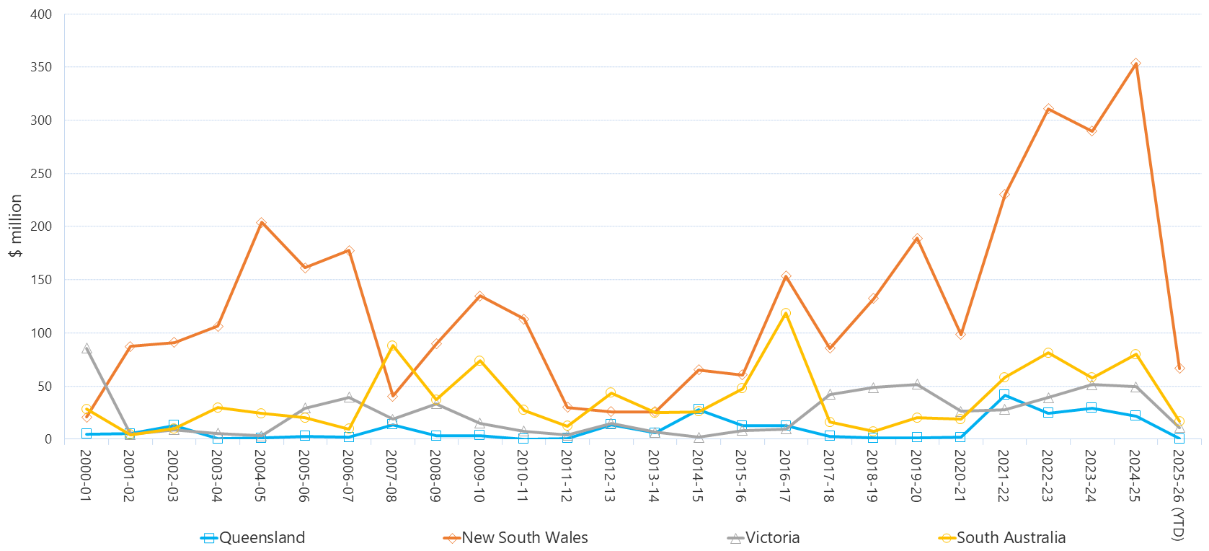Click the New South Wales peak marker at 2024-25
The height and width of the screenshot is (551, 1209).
click(1135, 64)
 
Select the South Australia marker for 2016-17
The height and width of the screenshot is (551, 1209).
click(786, 314)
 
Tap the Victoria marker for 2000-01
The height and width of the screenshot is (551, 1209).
click(87, 348)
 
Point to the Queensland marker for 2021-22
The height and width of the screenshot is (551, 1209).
click(1004, 395)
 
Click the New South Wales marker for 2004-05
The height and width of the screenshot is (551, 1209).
click(261, 223)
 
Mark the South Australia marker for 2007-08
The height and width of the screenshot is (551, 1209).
click(392, 346)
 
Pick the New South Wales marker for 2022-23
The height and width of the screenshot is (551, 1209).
click(1048, 109)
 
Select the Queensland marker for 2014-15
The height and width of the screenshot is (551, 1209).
click(699, 410)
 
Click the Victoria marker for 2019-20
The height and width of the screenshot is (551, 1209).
click(917, 384)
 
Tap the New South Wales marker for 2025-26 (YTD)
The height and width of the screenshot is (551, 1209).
click(1179, 368)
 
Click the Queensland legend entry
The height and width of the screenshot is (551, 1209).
click(253, 538)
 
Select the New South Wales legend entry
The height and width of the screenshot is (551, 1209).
click(516, 538)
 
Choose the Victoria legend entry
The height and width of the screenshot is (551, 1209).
click(764, 538)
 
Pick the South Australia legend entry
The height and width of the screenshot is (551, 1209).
click(1003, 538)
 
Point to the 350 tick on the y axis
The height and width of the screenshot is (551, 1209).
click(41, 67)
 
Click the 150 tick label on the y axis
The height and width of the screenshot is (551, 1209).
click(41, 280)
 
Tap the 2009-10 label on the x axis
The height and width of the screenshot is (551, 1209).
click(479, 476)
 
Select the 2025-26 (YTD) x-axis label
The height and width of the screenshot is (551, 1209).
click(1178, 495)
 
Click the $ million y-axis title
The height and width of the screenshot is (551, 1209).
click(16, 226)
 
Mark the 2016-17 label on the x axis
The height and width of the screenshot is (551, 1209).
click(785, 476)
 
